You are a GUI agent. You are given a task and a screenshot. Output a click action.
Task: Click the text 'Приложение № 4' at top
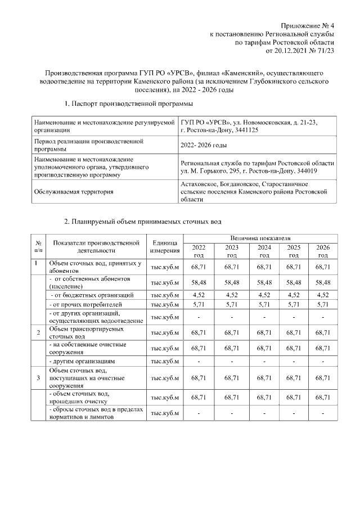point(308,26)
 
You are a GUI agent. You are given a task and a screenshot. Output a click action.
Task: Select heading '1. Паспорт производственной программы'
point(129,104)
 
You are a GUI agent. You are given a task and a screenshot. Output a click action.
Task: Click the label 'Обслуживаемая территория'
point(73,192)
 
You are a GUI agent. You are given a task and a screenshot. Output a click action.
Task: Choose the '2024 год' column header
point(264,251)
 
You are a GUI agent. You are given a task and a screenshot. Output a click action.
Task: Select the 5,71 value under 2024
point(264,304)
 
